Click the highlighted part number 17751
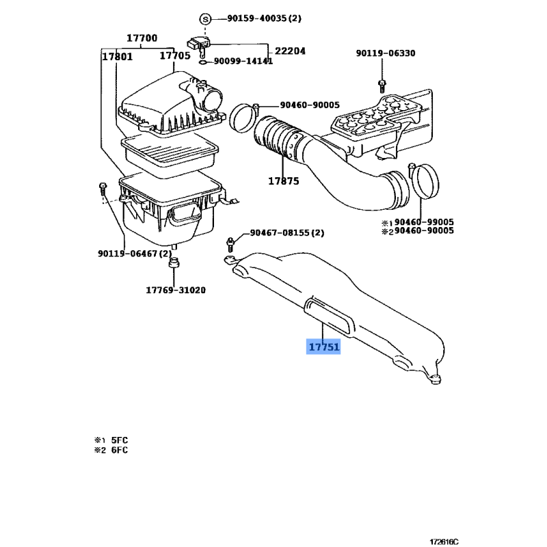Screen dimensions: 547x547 tap(323, 347)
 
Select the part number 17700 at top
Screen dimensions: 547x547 tap(142, 38)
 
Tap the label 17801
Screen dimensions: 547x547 tap(117, 57)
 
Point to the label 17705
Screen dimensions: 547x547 tap(175, 56)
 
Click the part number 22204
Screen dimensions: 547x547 tap(290, 51)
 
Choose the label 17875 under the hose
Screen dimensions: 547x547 tap(284, 181)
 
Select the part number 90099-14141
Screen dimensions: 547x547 tap(243, 61)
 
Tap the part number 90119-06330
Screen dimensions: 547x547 tap(386, 53)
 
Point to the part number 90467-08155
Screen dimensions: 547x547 tap(280, 232)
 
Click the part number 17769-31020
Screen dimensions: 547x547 tap(176, 290)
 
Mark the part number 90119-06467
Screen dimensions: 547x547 tap(127, 253)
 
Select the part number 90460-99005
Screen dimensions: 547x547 tap(424, 222)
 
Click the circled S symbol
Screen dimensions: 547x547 tap(205, 19)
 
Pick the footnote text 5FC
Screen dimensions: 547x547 tap(120, 440)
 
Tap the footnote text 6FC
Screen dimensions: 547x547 tap(120, 450)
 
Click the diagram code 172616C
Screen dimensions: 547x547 tap(444, 542)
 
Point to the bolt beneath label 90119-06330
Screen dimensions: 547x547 tap(382, 86)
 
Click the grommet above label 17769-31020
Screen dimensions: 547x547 tap(174, 263)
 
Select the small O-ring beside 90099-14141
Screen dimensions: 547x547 tap(202, 62)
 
